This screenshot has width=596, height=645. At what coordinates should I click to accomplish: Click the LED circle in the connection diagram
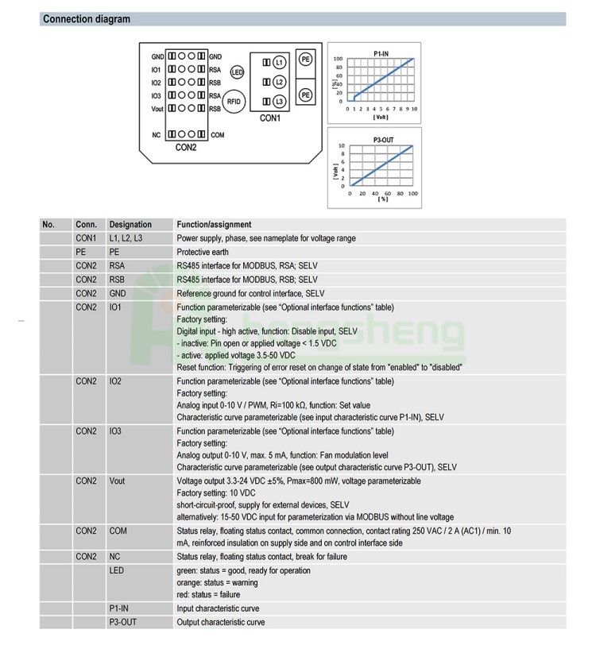click(x=236, y=72)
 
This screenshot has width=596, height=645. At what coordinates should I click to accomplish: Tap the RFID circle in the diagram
click(x=234, y=101)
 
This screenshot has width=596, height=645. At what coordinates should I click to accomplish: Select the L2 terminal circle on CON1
click(x=279, y=82)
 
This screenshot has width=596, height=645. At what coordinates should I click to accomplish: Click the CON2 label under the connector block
click(x=186, y=147)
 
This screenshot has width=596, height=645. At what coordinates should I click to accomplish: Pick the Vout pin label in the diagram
click(x=156, y=107)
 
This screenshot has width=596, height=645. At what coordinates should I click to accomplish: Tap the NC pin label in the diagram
click(x=157, y=135)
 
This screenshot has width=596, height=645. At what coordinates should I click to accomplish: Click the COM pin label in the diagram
click(x=218, y=135)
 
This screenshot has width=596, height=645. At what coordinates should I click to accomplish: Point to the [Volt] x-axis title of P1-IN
click(x=381, y=117)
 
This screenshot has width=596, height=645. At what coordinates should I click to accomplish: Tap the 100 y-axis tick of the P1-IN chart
click(x=338, y=60)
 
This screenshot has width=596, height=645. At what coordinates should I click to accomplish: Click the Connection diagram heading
click(x=86, y=19)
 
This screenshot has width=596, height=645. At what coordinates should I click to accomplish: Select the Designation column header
click(x=130, y=225)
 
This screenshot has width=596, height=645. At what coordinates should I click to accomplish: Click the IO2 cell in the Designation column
click(x=117, y=382)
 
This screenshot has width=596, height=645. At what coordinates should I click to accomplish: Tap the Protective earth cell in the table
click(x=203, y=252)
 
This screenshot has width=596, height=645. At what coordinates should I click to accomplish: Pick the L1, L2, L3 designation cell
click(x=126, y=238)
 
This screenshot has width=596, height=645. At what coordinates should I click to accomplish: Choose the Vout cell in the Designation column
click(x=118, y=481)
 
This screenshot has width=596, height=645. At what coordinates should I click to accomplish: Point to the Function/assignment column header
click(x=214, y=225)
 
